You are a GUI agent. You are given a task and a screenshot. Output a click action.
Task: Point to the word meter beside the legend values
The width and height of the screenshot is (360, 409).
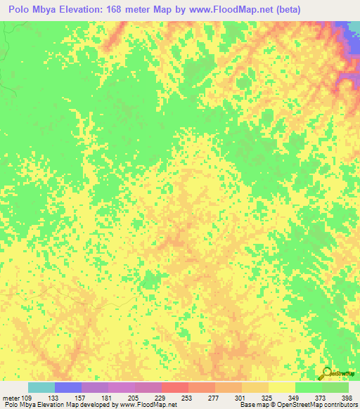tap(11, 398)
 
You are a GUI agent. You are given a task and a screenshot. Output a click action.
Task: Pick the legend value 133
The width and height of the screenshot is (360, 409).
tap(54, 398)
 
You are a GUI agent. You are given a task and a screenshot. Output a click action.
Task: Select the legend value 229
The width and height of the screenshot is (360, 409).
tap(161, 398)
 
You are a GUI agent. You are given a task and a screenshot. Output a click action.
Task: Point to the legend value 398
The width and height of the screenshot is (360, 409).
tap(346, 398)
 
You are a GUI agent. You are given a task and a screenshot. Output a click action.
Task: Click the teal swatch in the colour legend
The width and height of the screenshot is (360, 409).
tap(41, 387)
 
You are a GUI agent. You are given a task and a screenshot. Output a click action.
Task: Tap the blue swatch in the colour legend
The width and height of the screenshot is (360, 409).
tap(68, 387)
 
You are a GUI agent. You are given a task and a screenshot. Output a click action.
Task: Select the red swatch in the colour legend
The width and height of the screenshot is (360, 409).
tap(174, 387)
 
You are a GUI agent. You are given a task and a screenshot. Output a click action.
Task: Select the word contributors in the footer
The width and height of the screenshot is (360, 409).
tap(339, 405)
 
